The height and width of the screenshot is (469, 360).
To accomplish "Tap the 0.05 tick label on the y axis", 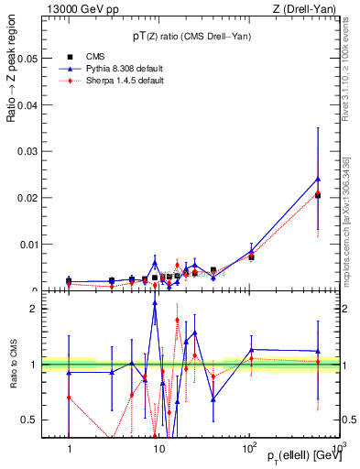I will coord(27,58).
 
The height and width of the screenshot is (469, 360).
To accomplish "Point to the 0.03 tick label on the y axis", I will coord(27,151).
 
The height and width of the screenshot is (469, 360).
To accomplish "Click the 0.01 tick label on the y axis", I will coord(27,245).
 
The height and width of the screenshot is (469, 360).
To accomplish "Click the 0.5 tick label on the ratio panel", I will coord(30,420).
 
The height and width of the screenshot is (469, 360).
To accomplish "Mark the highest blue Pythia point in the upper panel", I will coord(318,179).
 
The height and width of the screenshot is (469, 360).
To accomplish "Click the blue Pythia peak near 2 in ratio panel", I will coord(155,302).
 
